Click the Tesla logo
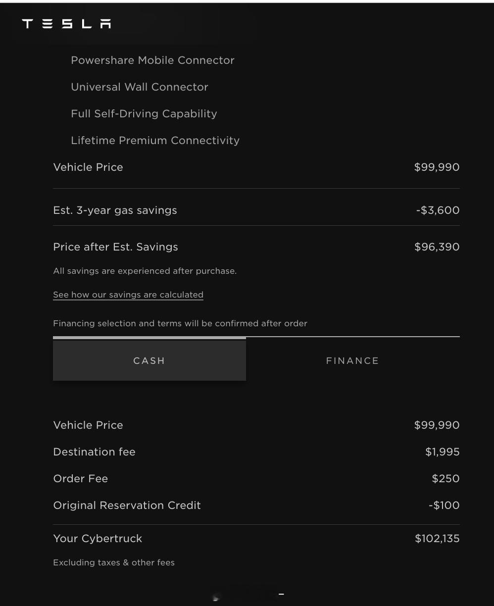tap(66, 24)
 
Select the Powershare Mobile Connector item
tap(152, 60)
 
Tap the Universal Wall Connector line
tap(140, 87)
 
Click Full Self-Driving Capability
tap(144, 114)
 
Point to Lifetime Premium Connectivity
tap(155, 141)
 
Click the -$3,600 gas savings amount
tap(438, 210)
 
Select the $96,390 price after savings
tap(437, 247)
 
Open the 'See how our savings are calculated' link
tap(128, 295)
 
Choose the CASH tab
tap(149, 360)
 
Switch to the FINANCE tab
tap(352, 361)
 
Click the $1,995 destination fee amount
tap(442, 452)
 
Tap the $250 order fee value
tap(445, 479)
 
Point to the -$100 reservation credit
tap(444, 505)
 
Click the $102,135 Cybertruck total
tap(437, 539)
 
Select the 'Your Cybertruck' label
tap(98, 539)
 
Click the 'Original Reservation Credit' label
tap(127, 505)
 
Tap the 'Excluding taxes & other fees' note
tap(114, 563)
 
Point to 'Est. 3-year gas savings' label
tap(115, 210)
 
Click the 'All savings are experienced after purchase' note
tap(145, 271)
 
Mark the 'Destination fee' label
tap(94, 452)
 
